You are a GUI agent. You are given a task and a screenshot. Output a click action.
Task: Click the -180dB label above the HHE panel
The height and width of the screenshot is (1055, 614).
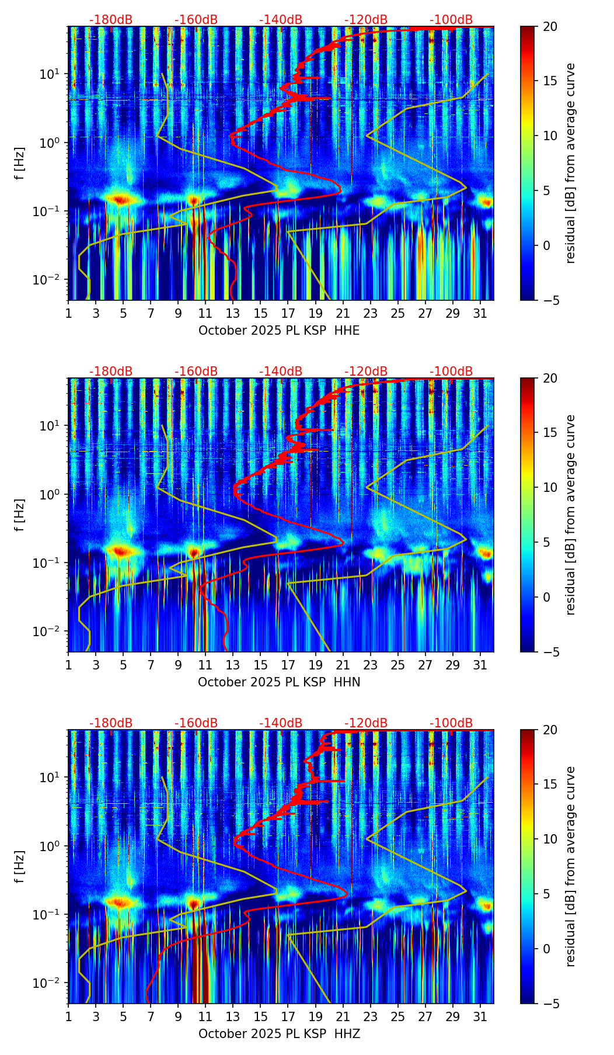(111, 20)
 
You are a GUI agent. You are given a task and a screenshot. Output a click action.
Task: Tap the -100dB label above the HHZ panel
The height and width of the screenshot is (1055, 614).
(451, 723)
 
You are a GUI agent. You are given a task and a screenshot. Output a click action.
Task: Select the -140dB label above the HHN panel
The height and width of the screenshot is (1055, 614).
(281, 372)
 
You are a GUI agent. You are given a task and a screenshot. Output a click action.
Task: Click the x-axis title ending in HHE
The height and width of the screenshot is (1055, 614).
(279, 331)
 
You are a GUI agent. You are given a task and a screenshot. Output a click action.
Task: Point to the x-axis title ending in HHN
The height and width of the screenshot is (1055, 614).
(279, 682)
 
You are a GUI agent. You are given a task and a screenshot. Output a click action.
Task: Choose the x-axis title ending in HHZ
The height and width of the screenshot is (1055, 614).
(279, 1034)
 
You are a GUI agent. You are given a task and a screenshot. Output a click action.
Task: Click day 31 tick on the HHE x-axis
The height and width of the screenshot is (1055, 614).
(480, 313)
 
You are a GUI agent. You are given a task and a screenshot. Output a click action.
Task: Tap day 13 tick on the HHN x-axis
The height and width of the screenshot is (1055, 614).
(233, 665)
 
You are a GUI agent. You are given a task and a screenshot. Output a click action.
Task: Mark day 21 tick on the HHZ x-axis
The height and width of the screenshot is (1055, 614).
(343, 1016)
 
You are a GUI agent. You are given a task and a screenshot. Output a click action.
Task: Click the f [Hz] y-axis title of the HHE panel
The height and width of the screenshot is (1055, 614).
(20, 164)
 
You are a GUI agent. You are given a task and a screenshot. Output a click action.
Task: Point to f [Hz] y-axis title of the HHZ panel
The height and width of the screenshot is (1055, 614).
(20, 867)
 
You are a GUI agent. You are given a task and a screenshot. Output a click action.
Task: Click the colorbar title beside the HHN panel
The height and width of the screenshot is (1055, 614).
(571, 515)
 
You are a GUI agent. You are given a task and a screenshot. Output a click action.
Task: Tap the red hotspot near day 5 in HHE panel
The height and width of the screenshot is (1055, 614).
(120, 200)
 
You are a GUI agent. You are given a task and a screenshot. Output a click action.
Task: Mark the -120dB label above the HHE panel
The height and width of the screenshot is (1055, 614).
(366, 20)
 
